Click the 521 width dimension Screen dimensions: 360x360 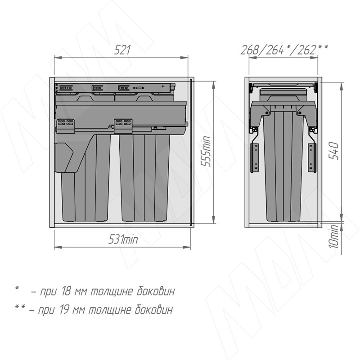122,50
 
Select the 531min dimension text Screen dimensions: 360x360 123,239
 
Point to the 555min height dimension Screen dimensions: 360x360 206,151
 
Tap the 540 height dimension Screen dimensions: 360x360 333,151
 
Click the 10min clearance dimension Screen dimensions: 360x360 334,237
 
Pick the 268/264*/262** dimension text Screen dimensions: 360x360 284,49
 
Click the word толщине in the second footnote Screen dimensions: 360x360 110,310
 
